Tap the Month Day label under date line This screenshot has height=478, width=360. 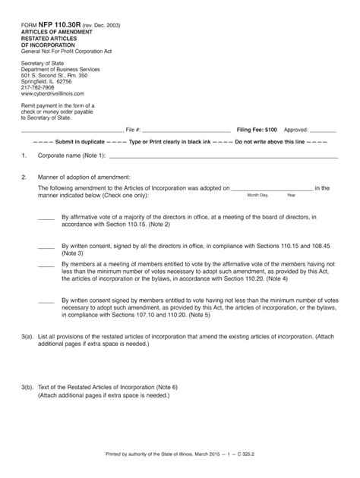pyautogui.click(x=258, y=195)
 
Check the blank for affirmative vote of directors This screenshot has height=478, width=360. pyautogui.click(x=46, y=217)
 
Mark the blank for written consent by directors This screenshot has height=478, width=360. pyautogui.click(x=46, y=247)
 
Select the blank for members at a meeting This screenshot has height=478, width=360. pyautogui.click(x=46, y=265)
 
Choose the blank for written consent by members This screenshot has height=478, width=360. pyautogui.click(x=46, y=300)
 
